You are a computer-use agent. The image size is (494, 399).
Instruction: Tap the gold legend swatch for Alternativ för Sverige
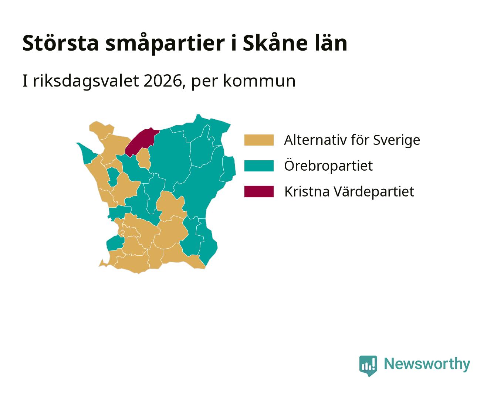pyautogui.click(x=259, y=140)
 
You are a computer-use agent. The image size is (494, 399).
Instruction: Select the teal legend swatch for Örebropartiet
pyautogui.click(x=259, y=166)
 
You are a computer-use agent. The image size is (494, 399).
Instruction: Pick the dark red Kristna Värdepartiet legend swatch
pyautogui.click(x=259, y=191)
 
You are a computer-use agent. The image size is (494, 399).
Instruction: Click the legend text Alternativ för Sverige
pyautogui.click(x=352, y=140)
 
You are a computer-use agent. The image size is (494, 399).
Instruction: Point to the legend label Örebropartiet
pyautogui.click(x=328, y=166)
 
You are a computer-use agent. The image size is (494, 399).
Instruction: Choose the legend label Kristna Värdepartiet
pyautogui.click(x=349, y=191)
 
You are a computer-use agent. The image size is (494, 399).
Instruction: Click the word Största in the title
pyautogui.click(x=61, y=43)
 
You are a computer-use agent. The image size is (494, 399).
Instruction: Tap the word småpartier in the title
pyautogui.click(x=165, y=44)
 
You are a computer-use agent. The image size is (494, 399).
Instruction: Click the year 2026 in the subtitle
pyautogui.click(x=162, y=81)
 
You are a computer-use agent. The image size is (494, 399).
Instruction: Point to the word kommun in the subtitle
pyautogui.click(x=259, y=81)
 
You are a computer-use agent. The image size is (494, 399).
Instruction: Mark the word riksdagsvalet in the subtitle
pyautogui.click(x=86, y=82)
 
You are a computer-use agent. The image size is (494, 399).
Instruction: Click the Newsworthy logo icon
pyautogui.click(x=368, y=366)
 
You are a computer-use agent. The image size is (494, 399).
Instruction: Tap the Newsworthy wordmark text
pyautogui.click(x=427, y=364)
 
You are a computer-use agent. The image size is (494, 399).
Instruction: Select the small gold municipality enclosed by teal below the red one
pyautogui.click(x=143, y=159)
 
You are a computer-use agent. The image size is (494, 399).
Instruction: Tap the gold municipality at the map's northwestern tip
pyautogui.click(x=101, y=130)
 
